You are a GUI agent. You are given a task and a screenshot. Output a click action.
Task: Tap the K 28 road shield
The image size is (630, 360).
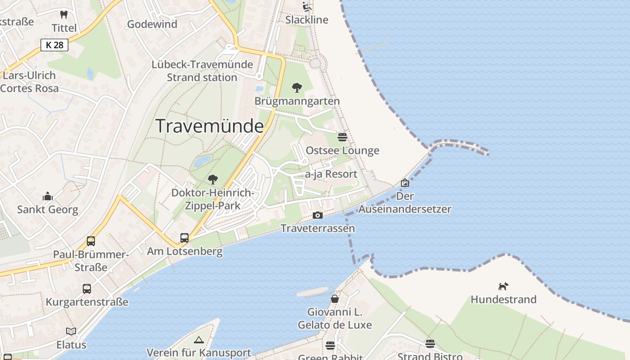(54, 45)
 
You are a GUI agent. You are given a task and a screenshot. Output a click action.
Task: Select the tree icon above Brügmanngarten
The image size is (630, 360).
(297, 88)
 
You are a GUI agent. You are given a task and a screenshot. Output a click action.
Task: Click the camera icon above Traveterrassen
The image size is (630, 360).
(318, 216)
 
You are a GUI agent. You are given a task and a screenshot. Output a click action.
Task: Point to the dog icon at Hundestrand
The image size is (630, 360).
(503, 286)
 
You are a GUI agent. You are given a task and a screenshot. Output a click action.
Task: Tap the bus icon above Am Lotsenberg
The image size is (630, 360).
(184, 238)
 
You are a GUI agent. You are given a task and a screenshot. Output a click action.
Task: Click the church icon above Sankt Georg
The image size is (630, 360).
(48, 196)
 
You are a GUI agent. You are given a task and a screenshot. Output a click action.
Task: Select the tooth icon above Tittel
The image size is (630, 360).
(64, 14)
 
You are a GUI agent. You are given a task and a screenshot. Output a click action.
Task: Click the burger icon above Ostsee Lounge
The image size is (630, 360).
(342, 137)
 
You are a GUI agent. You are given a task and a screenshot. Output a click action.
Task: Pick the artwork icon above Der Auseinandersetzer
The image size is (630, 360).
(405, 183)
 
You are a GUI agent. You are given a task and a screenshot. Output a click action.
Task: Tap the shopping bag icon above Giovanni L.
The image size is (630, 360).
(335, 298)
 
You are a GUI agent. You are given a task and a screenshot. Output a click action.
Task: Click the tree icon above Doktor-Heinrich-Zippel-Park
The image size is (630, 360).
(213, 180)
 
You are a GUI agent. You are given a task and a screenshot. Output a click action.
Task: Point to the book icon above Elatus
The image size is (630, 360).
(71, 331)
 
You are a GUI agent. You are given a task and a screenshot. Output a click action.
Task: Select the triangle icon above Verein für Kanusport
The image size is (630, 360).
(199, 340)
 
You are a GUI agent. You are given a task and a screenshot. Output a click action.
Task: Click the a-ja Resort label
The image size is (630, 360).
(331, 174)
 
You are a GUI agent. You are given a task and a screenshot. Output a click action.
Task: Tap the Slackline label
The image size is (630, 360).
(307, 20)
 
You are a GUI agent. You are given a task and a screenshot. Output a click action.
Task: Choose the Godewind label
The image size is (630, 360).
(152, 24)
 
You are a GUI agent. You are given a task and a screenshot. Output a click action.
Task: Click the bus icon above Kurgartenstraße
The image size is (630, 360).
(87, 288)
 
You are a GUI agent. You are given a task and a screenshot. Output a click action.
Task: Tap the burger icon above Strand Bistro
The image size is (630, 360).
(430, 344)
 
